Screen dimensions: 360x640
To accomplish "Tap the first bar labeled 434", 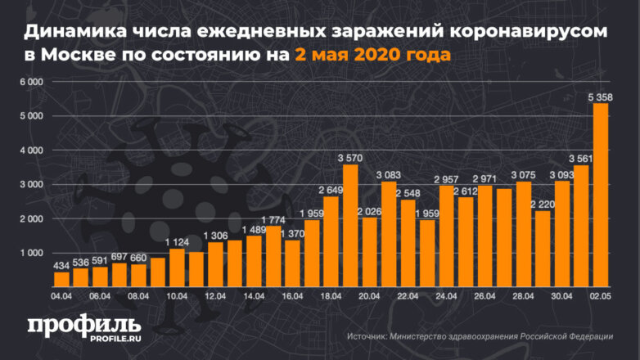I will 61,279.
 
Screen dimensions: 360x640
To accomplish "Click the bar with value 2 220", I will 542,249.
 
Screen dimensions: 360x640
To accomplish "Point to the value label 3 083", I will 389,175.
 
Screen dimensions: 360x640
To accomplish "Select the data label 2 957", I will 447,179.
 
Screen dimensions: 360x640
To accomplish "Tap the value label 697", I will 119,257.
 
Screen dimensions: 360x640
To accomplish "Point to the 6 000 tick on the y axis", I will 30,83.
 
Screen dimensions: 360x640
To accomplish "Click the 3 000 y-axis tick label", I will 30,185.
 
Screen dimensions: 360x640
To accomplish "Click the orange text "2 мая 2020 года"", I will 372,56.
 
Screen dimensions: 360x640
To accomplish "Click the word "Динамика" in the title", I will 70,33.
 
